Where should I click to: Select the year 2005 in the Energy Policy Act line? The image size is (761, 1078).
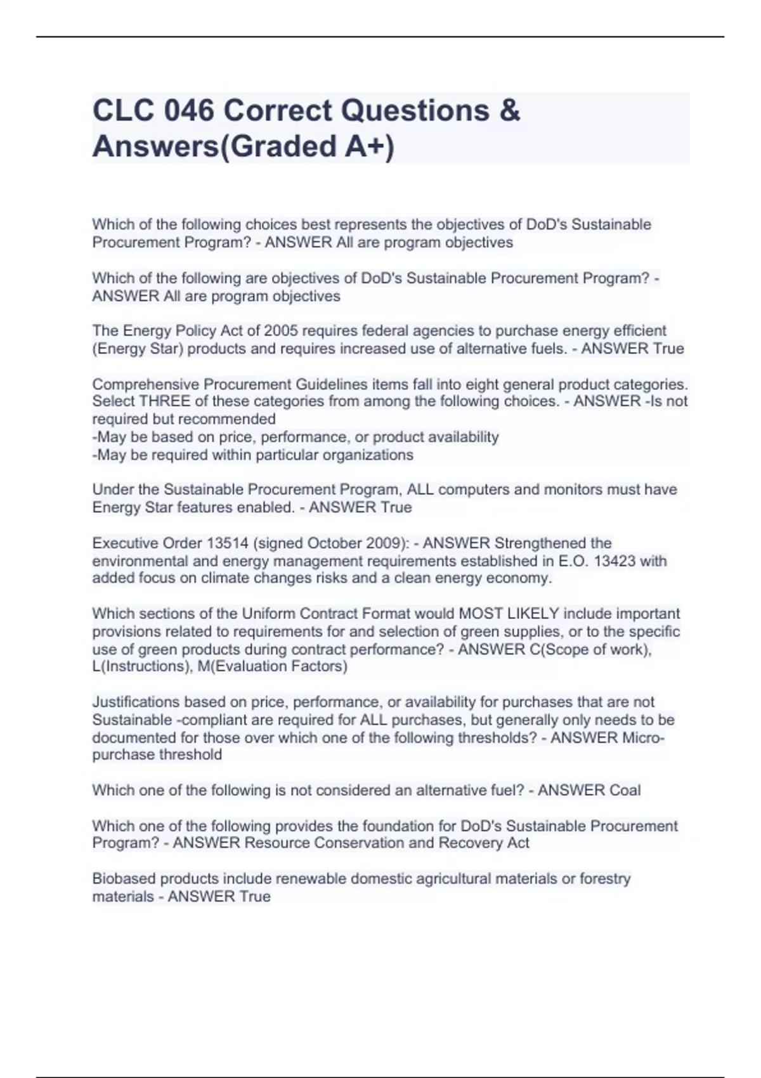[280, 331]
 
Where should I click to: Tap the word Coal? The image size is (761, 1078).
[625, 791]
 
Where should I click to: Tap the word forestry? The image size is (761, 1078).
[605, 879]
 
